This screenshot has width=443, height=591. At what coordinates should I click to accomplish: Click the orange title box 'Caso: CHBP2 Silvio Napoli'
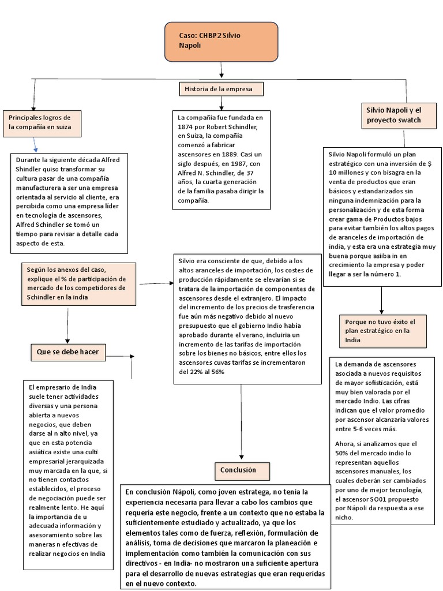click(221, 42)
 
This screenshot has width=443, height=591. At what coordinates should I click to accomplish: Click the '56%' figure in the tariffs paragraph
click(217, 372)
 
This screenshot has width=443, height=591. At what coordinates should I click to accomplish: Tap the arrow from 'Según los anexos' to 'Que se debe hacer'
click(67, 329)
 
